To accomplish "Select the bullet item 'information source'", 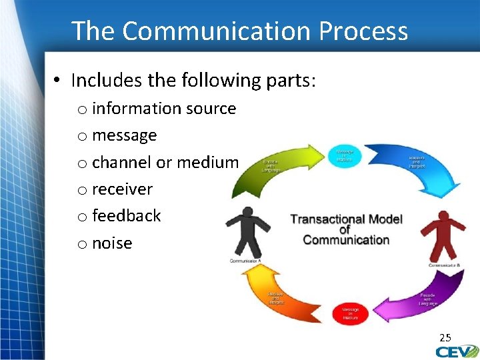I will click(x=163, y=108).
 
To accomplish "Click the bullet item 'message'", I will click(x=124, y=135).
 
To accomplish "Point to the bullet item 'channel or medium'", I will click(x=165, y=162).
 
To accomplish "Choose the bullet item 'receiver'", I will click(x=122, y=189).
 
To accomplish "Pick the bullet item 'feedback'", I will click(x=126, y=216).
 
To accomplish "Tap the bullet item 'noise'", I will click(x=112, y=243).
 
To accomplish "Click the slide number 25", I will click(x=445, y=338).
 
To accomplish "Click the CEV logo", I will click(x=457, y=351).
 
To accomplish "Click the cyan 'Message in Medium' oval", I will click(x=345, y=155).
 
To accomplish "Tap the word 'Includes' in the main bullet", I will click(x=102, y=81).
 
